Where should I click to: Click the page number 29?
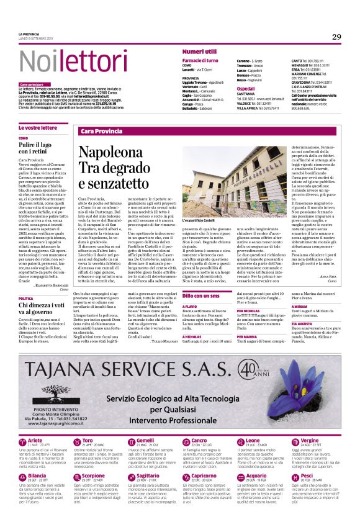click(x=336, y=37)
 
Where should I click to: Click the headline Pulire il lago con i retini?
click(x=38, y=148)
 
